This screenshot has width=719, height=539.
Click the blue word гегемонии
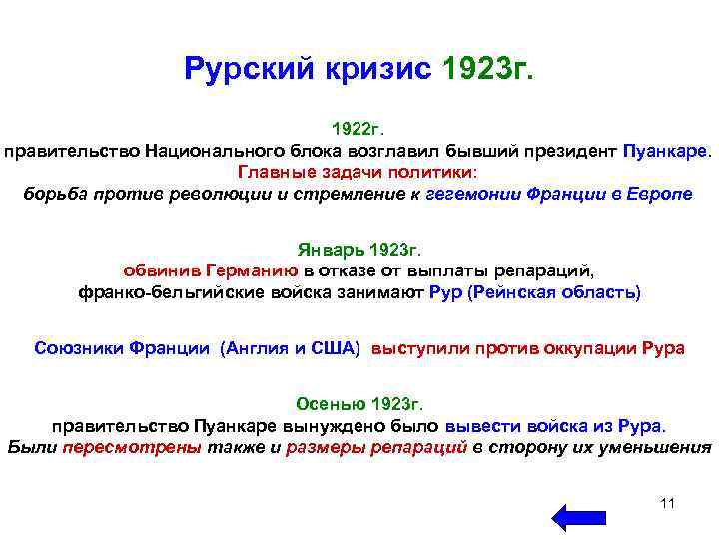[x=470, y=194]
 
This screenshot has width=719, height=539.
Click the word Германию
[x=251, y=270]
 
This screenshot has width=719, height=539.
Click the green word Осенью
[x=331, y=404]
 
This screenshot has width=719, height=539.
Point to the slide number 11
[x=667, y=502]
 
